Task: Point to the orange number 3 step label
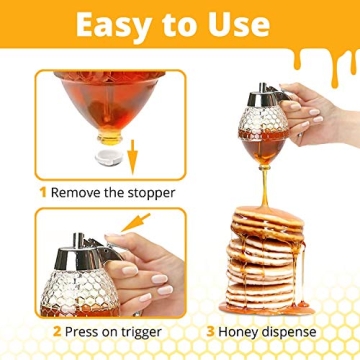coord(209,330)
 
